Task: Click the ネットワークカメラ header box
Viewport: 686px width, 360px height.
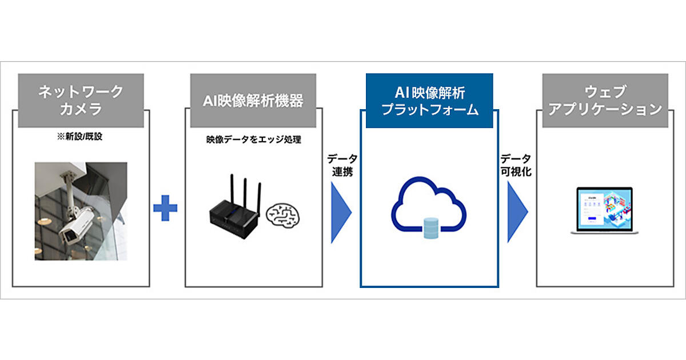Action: pyautogui.click(x=81, y=100)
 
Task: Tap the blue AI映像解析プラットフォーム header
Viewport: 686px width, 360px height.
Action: pyautogui.click(x=429, y=100)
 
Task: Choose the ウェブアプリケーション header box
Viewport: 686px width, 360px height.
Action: pyautogui.click(x=605, y=100)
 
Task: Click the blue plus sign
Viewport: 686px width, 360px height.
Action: pyautogui.click(x=165, y=209)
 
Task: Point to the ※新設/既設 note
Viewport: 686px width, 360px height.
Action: pyautogui.click(x=81, y=138)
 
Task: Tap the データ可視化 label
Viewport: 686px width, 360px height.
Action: pyautogui.click(x=516, y=166)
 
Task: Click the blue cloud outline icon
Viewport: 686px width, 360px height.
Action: pyautogui.click(x=428, y=203)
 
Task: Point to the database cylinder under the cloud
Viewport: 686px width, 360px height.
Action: pyautogui.click(x=429, y=228)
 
